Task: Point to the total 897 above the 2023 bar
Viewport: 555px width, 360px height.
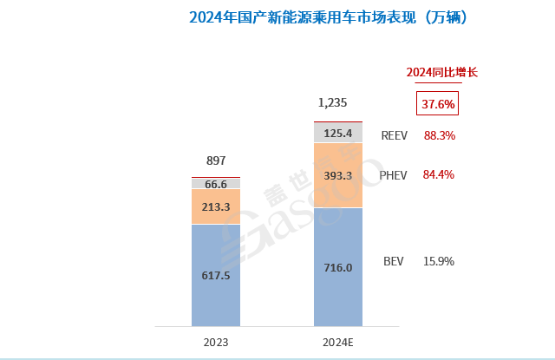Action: pos(216,160)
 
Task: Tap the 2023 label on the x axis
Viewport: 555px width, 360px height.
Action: pos(216,342)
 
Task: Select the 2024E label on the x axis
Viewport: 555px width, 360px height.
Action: pos(338,342)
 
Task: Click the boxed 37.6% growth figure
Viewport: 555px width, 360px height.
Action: pos(438,104)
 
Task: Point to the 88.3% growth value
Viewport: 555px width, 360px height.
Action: pos(439,135)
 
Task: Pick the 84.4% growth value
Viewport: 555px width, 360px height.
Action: pos(439,174)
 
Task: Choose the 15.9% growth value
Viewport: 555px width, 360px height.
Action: pos(439,261)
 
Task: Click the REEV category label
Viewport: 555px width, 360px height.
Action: pos(395,135)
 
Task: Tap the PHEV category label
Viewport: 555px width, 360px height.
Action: pos(393,174)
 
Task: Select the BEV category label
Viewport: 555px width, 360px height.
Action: pos(394,261)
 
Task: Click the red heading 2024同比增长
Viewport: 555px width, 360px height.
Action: pos(442,72)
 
